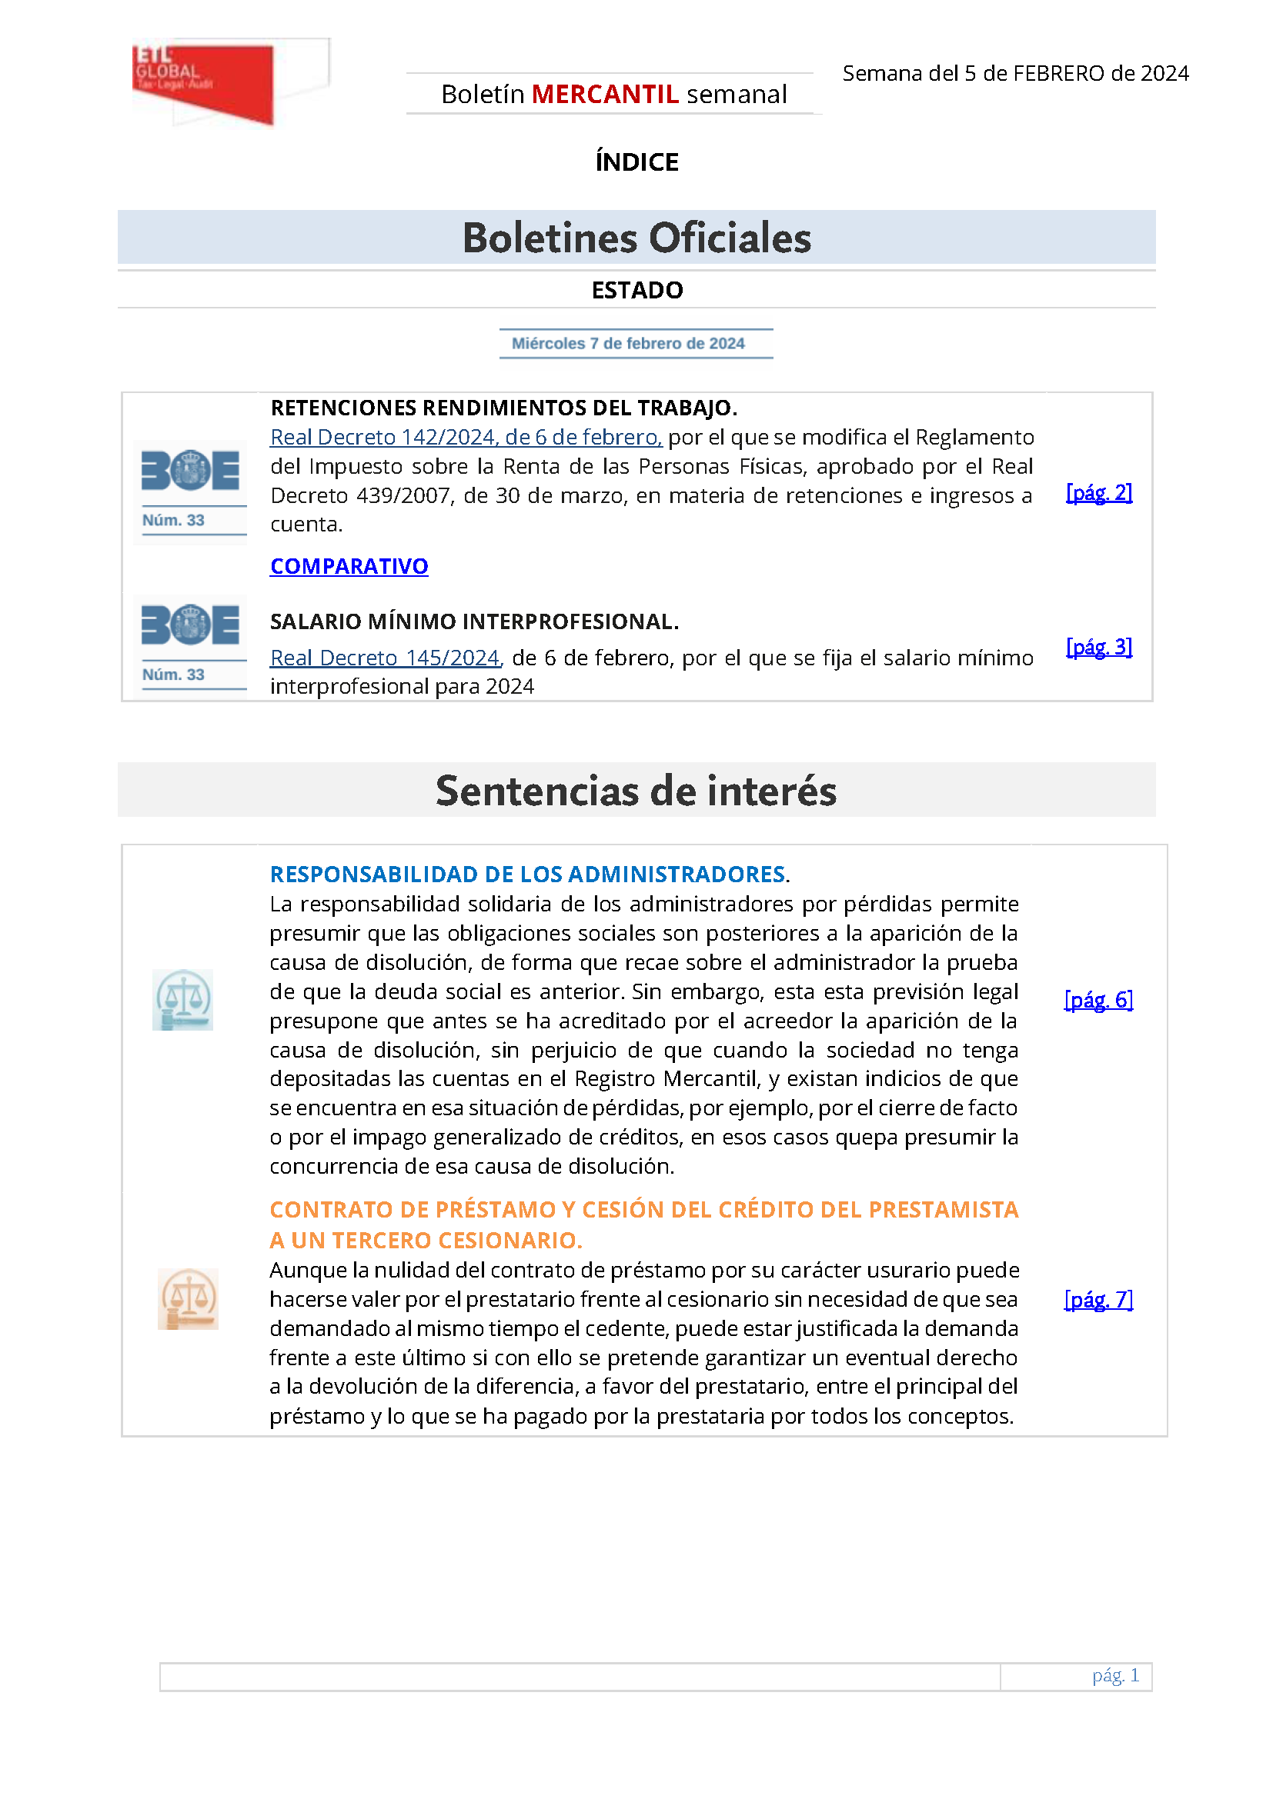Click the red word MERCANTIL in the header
point(604,94)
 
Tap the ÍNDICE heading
point(636,162)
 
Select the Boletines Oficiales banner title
point(636,238)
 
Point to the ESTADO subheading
point(636,291)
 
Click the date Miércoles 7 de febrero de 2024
point(628,343)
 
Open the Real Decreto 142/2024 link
point(466,437)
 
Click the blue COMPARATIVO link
point(349,566)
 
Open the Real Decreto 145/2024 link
point(385,658)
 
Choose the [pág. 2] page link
point(1099,492)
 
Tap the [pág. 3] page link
point(1099,646)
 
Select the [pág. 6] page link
point(1098,1000)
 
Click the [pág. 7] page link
point(1098,1300)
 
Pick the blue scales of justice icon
point(182,1000)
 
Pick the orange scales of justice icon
point(187,1299)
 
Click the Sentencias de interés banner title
point(636,791)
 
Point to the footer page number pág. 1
point(1115,1675)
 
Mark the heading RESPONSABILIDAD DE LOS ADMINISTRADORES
point(528,875)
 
